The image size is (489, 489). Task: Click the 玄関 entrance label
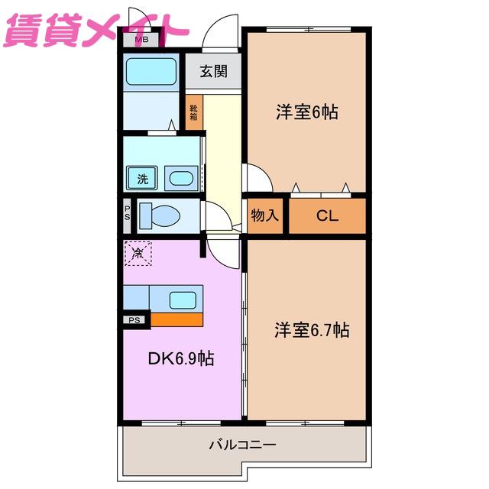point(214,71)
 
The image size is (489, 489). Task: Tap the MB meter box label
point(141,40)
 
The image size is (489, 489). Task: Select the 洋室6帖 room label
point(307,112)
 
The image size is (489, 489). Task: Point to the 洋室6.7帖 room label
point(312,330)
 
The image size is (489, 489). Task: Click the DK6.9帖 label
point(181,358)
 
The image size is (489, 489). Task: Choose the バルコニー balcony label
point(243,445)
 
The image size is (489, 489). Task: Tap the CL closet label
point(327,215)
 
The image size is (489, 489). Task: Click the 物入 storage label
point(265,215)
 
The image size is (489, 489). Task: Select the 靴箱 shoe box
point(194,112)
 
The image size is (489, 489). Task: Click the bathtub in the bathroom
point(151,72)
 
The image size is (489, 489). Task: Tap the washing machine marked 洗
point(142,178)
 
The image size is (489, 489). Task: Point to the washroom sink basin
point(181,179)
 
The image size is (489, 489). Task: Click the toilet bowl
point(160,215)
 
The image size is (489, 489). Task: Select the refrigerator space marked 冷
point(138,253)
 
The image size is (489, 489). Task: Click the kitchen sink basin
point(183,300)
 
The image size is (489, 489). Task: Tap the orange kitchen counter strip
point(176,319)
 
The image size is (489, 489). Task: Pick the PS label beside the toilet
point(128,213)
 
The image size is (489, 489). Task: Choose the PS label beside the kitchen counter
point(134,320)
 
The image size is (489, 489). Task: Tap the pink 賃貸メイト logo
point(96,31)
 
